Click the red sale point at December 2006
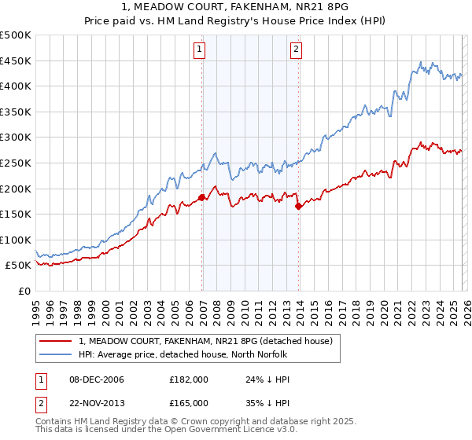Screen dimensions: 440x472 tap(202, 198)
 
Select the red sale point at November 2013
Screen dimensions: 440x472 tap(298, 207)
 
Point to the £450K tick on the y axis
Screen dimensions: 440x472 tap(16, 60)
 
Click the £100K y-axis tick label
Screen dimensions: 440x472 tap(16, 240)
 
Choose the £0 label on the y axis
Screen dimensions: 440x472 tap(25, 291)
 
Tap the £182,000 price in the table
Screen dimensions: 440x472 tap(189, 379)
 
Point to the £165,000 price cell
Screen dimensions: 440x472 tap(189, 402)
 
